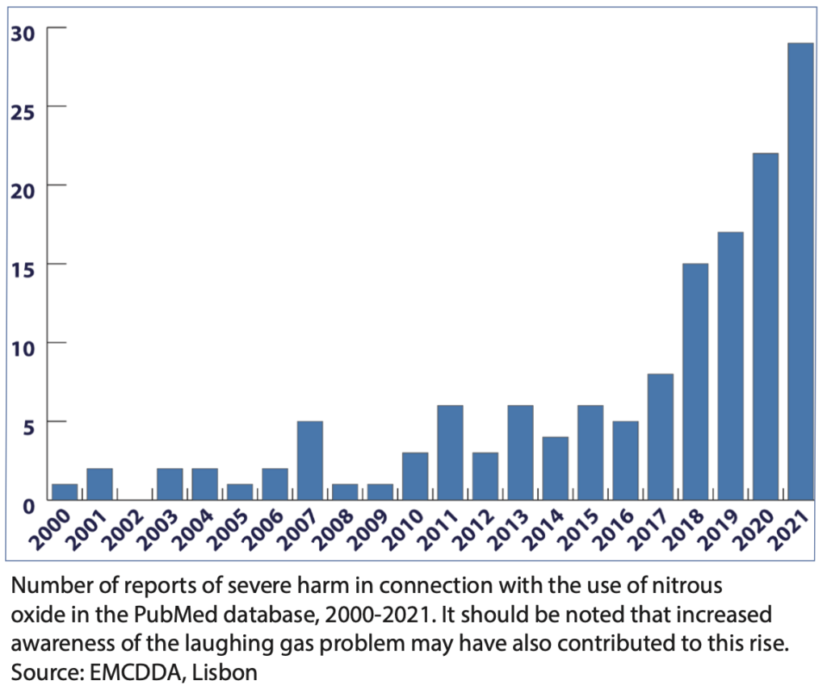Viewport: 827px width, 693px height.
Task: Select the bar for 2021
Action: [800, 271]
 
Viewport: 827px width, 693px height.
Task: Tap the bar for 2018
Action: [695, 382]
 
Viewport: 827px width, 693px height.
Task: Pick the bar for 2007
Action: [309, 461]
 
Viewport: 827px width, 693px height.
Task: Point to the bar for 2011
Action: [450, 453]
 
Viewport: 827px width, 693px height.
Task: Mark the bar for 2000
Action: [65, 492]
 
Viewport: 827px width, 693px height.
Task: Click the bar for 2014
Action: [555, 469]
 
